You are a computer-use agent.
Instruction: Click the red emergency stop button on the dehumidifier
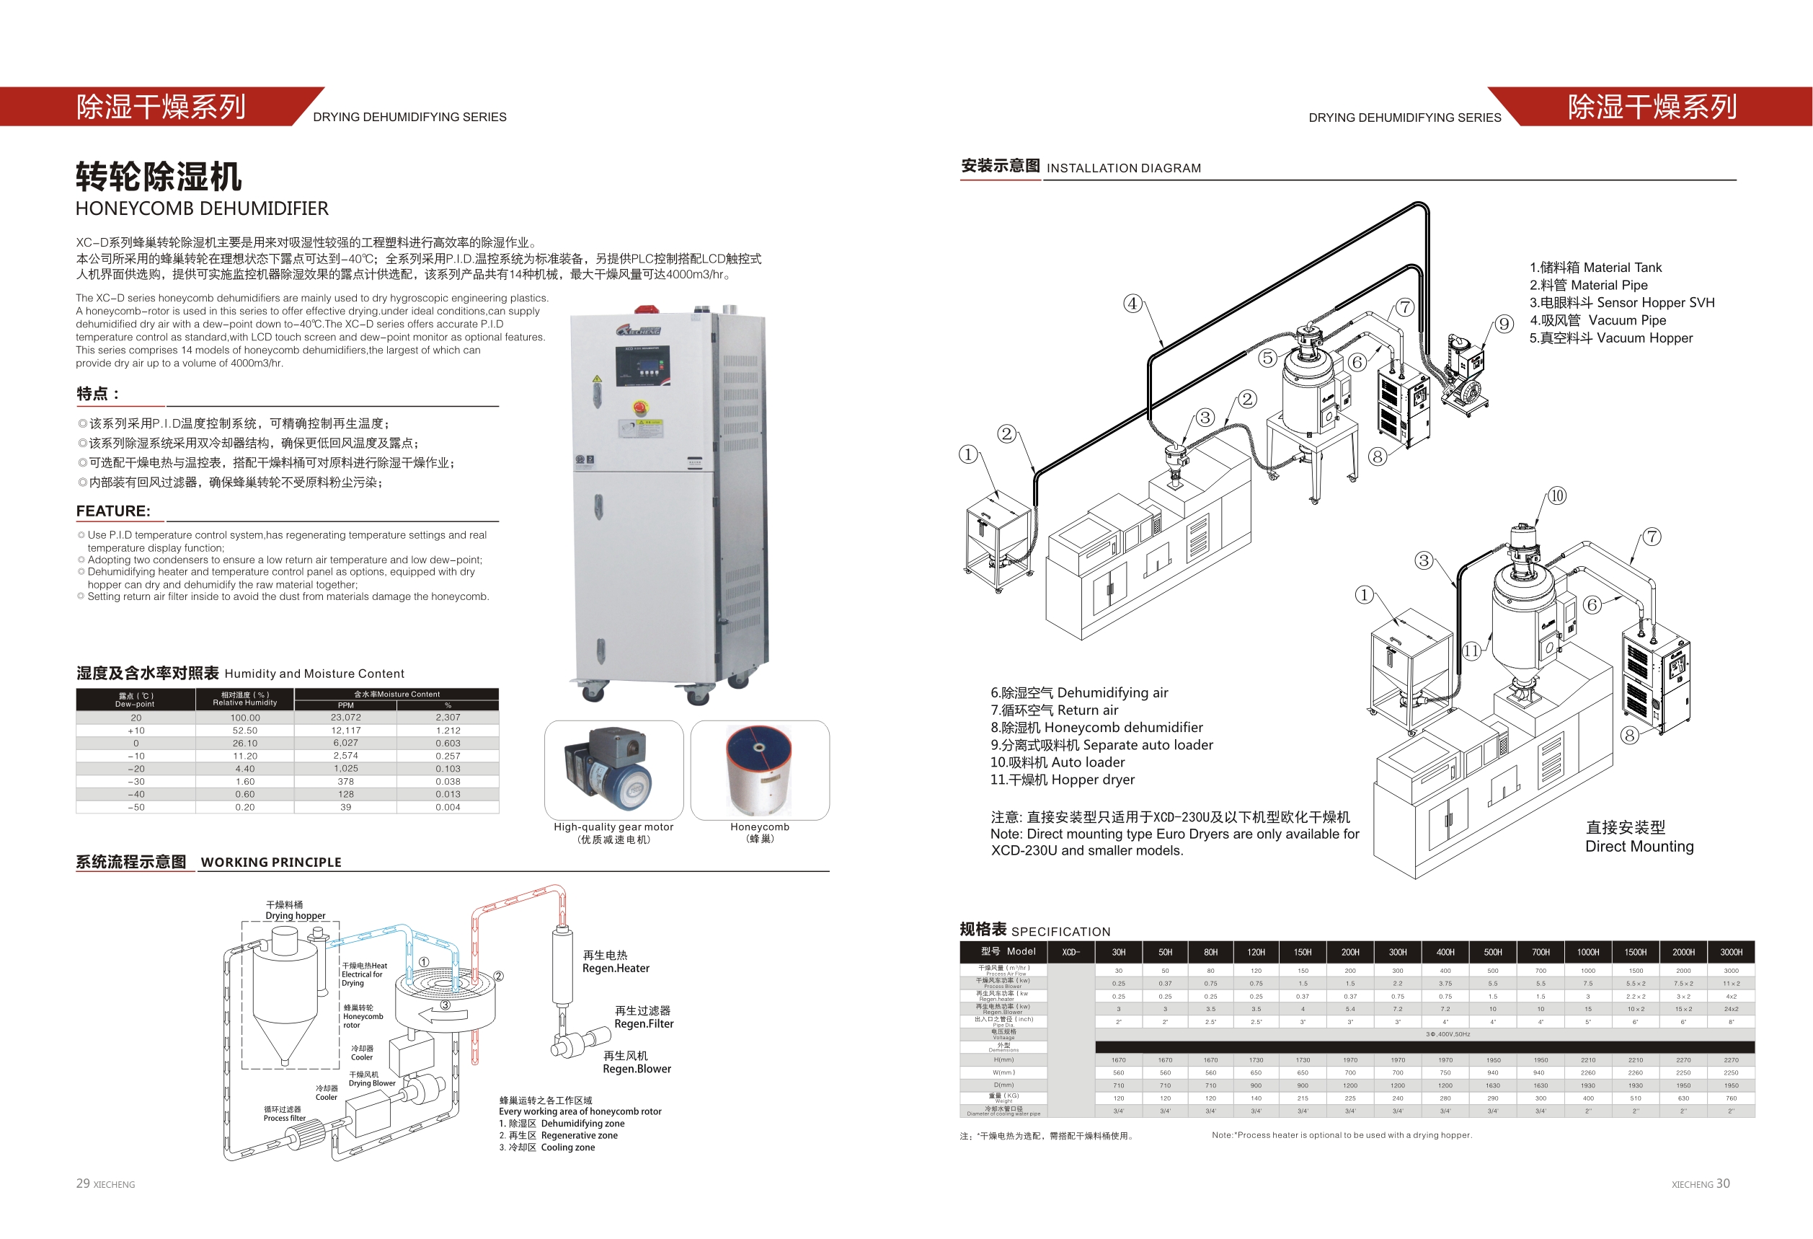click(x=639, y=407)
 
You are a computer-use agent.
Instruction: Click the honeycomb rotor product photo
click(x=759, y=770)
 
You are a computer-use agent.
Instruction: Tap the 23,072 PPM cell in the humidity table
click(x=345, y=717)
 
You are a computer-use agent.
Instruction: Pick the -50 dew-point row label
click(x=136, y=808)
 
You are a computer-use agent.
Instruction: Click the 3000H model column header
click(x=1730, y=952)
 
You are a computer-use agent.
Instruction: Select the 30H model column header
click(x=1118, y=952)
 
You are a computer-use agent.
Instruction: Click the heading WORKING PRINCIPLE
click(x=271, y=862)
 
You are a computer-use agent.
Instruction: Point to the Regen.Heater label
click(x=616, y=969)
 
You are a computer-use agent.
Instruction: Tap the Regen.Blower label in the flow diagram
click(x=637, y=1069)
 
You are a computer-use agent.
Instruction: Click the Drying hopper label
click(x=295, y=916)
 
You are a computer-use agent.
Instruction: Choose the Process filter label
click(x=284, y=1118)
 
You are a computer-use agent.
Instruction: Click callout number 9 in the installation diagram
click(x=1504, y=324)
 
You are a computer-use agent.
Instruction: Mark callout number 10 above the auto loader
click(x=1556, y=496)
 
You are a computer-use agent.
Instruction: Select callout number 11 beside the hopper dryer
click(x=1471, y=651)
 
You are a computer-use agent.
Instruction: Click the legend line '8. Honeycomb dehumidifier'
click(x=1096, y=727)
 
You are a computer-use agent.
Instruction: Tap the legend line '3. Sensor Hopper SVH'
click(x=1621, y=303)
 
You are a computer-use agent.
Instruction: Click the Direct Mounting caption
click(x=1639, y=847)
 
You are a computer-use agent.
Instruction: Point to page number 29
click(x=83, y=1183)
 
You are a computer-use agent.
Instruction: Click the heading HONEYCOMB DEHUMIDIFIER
click(x=202, y=208)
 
